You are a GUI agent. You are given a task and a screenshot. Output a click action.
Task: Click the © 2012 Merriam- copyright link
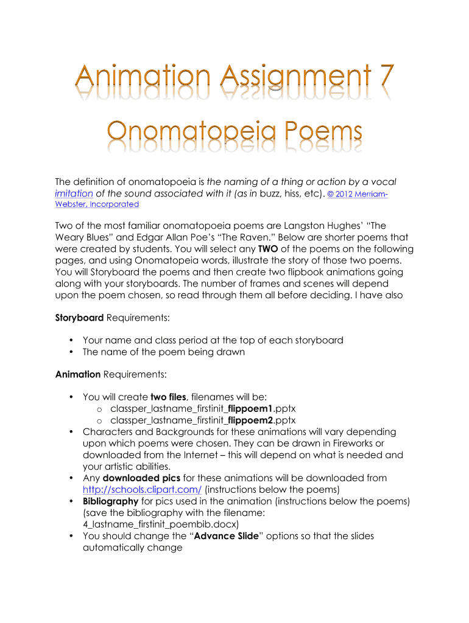point(358,193)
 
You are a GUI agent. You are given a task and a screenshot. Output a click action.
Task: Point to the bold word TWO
point(268,249)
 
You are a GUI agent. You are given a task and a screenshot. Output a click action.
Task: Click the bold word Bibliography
point(110,501)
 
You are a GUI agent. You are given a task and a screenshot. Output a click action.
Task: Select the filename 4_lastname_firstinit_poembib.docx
point(161,524)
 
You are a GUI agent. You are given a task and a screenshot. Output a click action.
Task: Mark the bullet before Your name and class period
point(72,340)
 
